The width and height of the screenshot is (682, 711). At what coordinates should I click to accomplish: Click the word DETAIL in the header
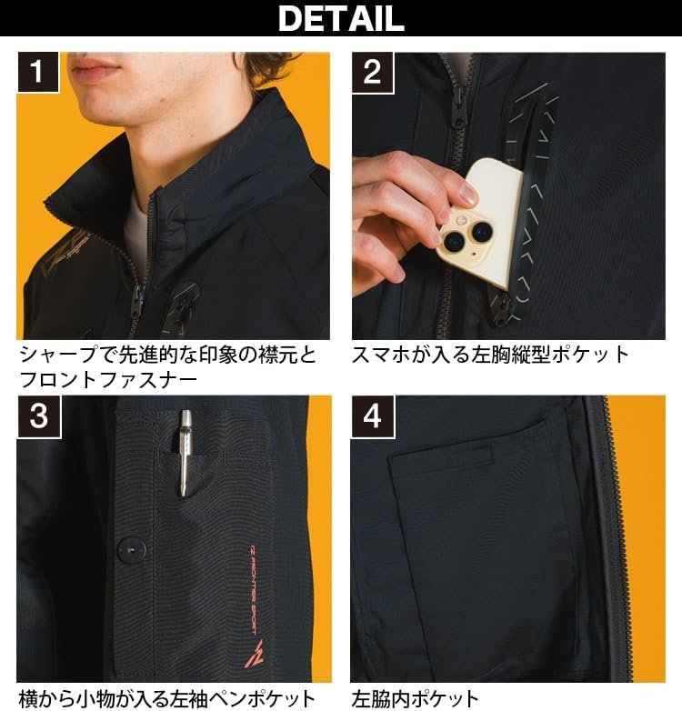[x=340, y=18]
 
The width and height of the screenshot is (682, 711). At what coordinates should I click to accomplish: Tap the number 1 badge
[x=37, y=72]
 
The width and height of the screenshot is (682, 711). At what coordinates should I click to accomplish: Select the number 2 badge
[x=372, y=72]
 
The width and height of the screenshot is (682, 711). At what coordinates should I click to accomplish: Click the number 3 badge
[x=37, y=416]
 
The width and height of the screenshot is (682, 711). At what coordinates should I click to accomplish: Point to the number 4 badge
[x=372, y=416]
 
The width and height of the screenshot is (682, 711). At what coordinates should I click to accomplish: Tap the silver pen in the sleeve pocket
[x=186, y=451]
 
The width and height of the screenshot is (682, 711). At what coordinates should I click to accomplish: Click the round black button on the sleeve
[x=132, y=548]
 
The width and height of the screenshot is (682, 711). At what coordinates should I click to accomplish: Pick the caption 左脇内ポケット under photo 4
[x=415, y=698]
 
